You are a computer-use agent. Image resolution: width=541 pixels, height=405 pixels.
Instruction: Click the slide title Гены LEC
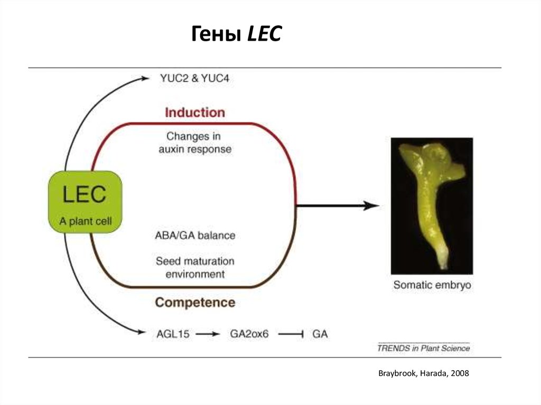236,35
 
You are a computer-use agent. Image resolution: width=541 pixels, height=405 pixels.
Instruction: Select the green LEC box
85,201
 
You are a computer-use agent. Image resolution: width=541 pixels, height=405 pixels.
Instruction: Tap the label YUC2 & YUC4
194,78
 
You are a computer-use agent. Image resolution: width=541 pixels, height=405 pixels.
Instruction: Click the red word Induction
195,112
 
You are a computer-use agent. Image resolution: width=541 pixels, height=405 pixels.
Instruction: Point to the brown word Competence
195,303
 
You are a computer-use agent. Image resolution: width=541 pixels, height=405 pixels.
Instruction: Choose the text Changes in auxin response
195,143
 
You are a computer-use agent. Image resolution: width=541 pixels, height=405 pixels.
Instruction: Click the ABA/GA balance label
195,235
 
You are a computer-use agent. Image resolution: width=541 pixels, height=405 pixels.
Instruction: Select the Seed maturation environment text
195,268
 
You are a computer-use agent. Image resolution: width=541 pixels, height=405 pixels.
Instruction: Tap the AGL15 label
173,334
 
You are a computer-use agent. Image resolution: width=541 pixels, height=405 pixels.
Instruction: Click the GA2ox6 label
249,334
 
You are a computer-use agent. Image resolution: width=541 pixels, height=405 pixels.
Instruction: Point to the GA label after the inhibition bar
320,334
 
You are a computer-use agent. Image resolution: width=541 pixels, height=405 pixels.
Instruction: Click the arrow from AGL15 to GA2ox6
208,334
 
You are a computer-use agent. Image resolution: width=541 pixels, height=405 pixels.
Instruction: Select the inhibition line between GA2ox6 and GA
291,334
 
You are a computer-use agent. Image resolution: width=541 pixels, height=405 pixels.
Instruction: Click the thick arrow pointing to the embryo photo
338,206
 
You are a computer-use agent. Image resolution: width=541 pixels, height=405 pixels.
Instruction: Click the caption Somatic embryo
432,286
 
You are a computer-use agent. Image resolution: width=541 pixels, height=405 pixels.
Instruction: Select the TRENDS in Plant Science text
423,349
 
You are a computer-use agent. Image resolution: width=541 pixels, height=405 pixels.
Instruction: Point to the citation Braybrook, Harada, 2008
423,373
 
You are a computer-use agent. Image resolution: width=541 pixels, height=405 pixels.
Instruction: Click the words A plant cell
86,221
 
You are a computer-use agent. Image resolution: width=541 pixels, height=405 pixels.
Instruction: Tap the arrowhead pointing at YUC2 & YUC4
146,78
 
